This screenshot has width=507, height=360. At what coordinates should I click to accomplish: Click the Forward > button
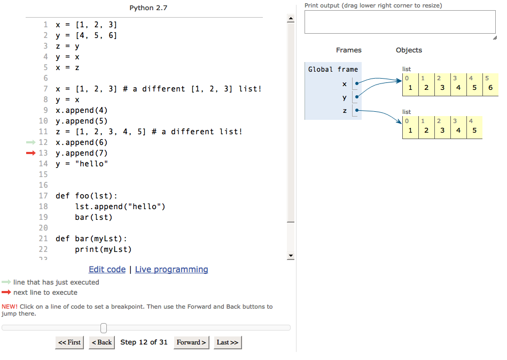coord(191,342)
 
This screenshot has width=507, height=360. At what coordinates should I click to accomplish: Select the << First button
coord(69,342)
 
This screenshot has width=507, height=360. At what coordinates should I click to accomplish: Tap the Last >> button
coord(228,342)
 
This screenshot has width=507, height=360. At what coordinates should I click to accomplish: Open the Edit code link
coord(107,270)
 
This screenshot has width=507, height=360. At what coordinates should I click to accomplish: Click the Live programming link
coord(171,270)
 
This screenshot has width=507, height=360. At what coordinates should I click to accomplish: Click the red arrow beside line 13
coord(30,153)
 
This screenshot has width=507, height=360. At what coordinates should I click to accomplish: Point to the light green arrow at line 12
coord(30,142)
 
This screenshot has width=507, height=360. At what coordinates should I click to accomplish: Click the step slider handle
coord(104,328)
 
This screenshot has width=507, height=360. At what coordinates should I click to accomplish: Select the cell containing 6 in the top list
coord(490,85)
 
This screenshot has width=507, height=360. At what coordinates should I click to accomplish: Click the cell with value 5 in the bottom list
coord(474,127)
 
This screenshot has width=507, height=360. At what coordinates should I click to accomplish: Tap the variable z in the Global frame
coord(345,111)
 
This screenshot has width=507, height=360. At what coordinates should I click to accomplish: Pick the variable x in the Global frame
coord(345,84)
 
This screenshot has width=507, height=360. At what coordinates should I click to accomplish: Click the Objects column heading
coord(409,50)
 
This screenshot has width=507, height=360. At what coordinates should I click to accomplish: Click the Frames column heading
coord(348,50)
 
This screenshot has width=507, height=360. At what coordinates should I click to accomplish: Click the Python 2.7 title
coord(148,8)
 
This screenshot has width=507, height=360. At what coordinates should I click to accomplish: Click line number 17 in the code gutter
coord(43,196)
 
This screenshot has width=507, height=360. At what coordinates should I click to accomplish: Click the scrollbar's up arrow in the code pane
coord(291,18)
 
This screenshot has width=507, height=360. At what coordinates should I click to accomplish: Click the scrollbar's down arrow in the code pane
coord(291,256)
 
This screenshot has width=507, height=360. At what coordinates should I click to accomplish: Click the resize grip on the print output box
coord(495,38)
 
